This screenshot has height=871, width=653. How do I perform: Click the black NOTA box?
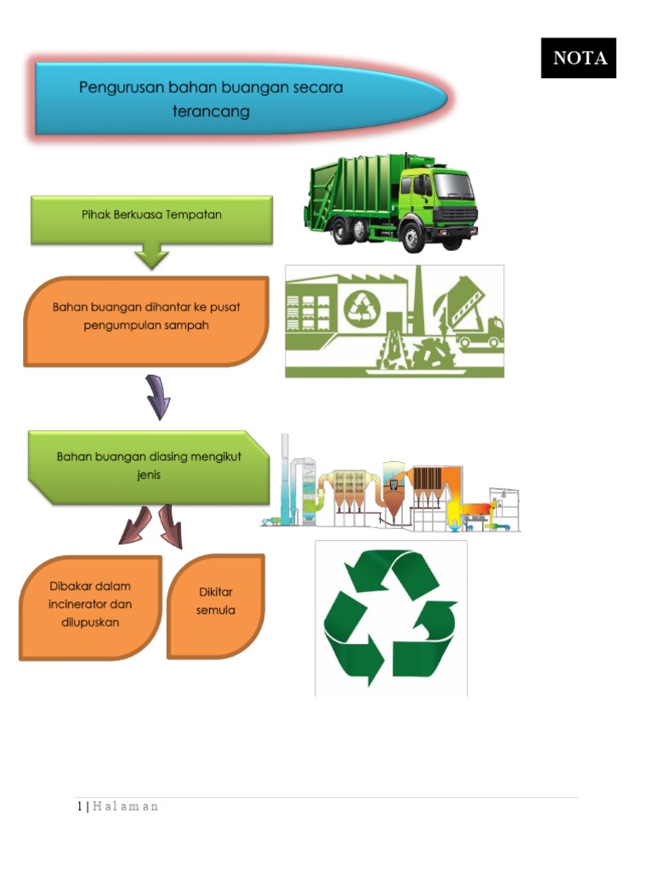click(x=578, y=58)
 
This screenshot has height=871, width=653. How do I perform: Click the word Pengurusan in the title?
click(x=117, y=88)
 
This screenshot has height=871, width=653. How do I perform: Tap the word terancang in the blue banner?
click(x=211, y=112)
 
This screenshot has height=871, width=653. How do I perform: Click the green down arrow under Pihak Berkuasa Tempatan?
click(x=152, y=254)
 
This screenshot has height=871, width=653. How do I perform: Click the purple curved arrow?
click(x=157, y=397)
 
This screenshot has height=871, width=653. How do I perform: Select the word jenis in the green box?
click(x=148, y=475)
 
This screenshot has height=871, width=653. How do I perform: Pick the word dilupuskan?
click(x=89, y=623)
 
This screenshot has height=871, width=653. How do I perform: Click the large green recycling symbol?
click(x=391, y=618)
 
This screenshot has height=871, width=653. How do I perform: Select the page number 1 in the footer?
click(x=78, y=806)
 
